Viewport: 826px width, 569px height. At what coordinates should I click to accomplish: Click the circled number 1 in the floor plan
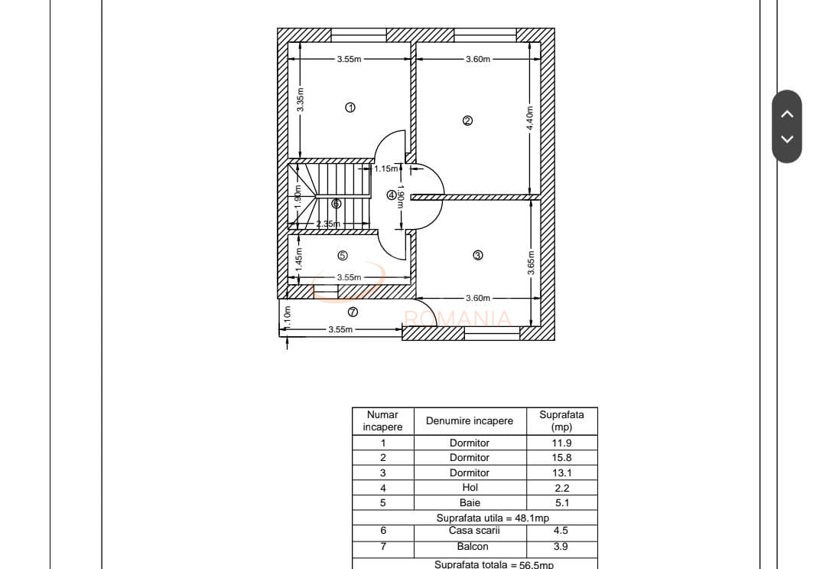(x=350, y=108)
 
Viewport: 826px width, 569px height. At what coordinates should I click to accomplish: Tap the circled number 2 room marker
(x=468, y=120)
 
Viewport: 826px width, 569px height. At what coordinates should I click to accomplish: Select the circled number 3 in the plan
(x=478, y=256)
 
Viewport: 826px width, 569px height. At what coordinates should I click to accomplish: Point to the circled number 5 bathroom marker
(x=343, y=256)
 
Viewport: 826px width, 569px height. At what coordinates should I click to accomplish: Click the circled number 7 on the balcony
(x=353, y=312)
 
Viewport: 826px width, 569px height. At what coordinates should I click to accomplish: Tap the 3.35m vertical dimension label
(x=301, y=100)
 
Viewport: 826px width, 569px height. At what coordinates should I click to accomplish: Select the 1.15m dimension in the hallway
(x=386, y=168)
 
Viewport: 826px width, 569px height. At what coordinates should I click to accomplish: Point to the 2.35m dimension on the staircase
(x=328, y=224)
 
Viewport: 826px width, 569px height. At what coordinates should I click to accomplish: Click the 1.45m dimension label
(x=299, y=257)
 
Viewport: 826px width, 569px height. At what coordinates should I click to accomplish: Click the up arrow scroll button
(x=787, y=114)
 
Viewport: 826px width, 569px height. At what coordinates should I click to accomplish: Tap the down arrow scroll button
(x=787, y=139)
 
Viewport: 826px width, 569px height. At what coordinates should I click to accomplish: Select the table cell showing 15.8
(x=561, y=457)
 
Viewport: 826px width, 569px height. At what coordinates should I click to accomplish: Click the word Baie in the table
(x=470, y=503)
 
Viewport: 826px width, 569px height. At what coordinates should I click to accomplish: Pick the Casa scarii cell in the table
(x=470, y=530)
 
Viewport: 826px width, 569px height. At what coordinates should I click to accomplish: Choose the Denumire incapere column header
(x=470, y=420)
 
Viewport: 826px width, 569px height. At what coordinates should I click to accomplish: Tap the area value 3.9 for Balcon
(x=561, y=547)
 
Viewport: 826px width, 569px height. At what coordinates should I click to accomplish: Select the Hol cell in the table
(x=470, y=488)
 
